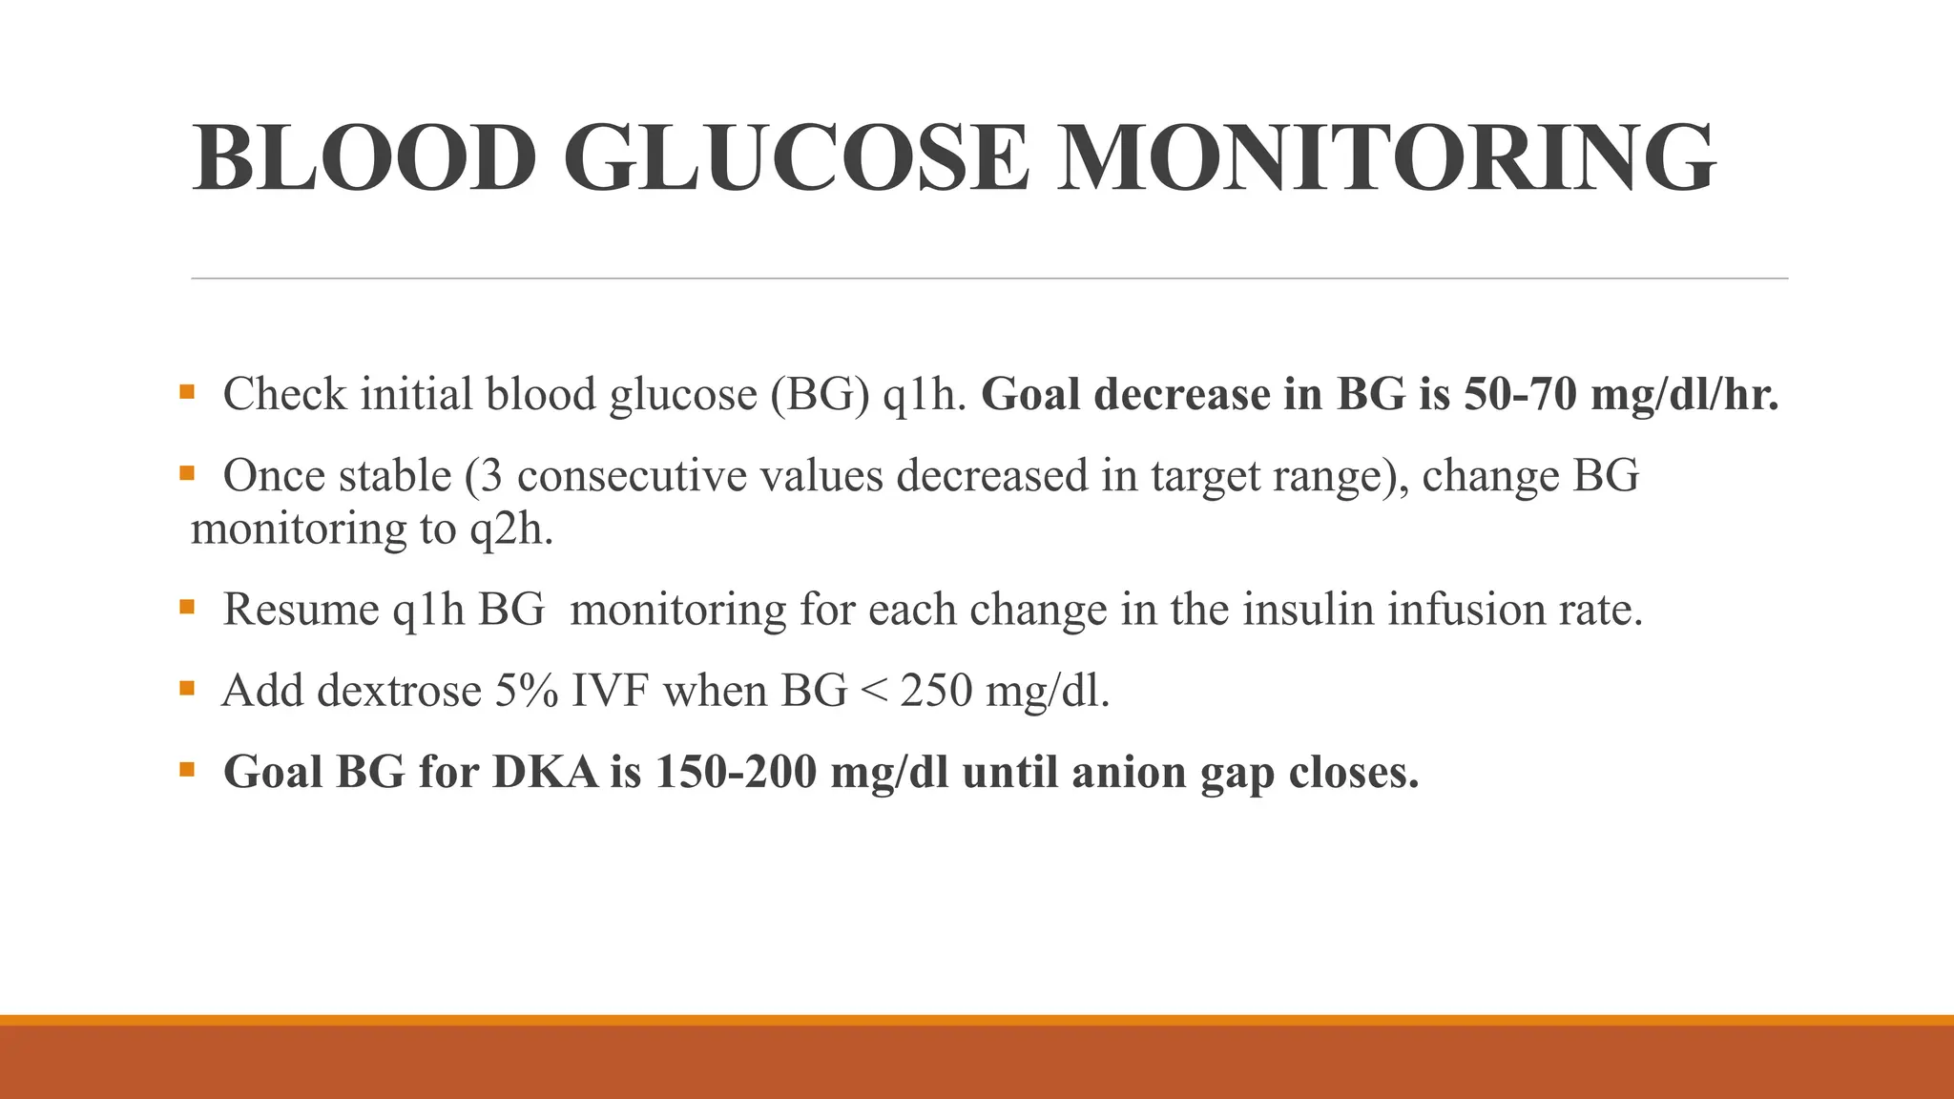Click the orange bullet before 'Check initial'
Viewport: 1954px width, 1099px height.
pyautogui.click(x=186, y=391)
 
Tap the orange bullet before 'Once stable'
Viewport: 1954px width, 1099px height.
pyautogui.click(x=186, y=472)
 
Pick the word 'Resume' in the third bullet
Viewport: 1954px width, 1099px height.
pyautogui.click(x=301, y=610)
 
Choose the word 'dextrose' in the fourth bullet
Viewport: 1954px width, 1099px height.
pyautogui.click(x=399, y=691)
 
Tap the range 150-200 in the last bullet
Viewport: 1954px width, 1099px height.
pyautogui.click(x=736, y=772)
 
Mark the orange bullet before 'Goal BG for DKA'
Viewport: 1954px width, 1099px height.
pyautogui.click(x=186, y=768)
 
